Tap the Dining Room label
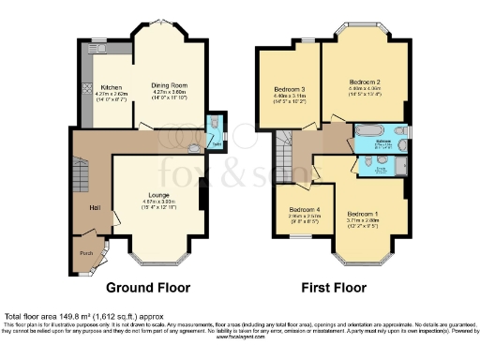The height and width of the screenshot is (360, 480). pyautogui.click(x=170, y=85)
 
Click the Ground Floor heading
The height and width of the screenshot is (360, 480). pyautogui.click(x=147, y=287)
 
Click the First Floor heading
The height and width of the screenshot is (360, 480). pyautogui.click(x=332, y=287)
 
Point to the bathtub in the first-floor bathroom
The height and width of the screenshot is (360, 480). pyautogui.click(x=365, y=131)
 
